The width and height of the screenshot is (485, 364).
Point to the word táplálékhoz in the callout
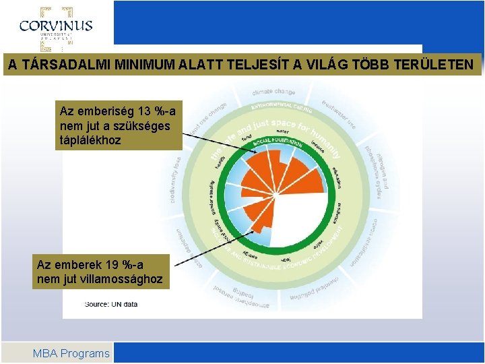click(x=91, y=140)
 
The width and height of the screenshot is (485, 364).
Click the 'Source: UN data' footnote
click(x=110, y=304)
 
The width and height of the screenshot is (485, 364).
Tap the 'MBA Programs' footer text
click(x=71, y=353)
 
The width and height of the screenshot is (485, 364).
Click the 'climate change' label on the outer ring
click(x=273, y=91)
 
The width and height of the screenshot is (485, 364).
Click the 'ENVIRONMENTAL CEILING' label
click(x=282, y=106)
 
